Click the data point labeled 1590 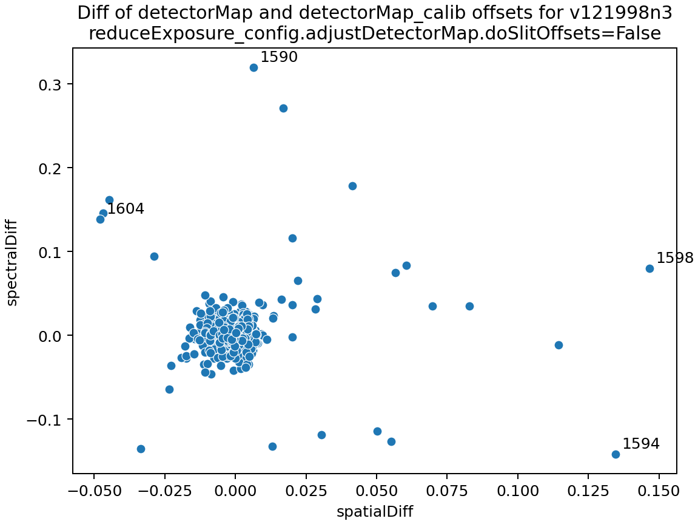253,67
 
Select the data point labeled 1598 649,268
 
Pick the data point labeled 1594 616,454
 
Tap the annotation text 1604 126,209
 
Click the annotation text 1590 279,57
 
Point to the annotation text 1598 675,258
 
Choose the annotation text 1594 641,444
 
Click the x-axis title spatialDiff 375,512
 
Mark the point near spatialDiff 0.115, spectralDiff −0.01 559,345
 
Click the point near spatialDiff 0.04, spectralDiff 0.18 352,186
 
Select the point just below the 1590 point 283,108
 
